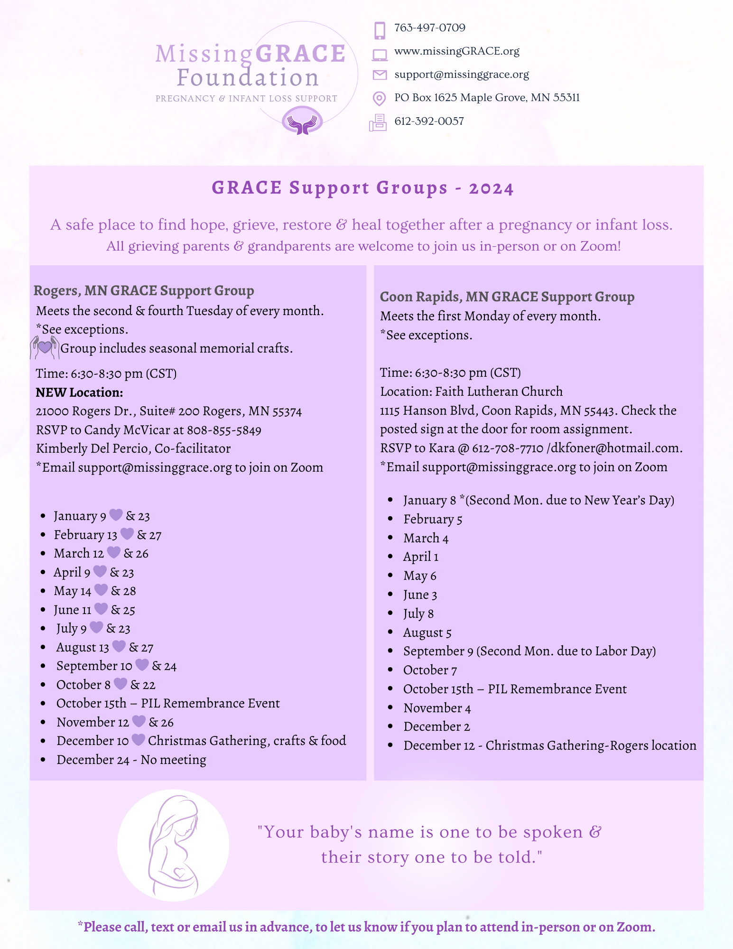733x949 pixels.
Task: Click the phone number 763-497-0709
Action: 429,28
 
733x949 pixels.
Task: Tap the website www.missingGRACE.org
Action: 456,51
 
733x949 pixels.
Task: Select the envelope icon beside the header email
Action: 379,75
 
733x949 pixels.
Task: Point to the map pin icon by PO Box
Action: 379,98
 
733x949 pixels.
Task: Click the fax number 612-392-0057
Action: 429,121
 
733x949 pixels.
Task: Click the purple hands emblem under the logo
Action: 302,122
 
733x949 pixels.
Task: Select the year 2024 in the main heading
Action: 491,189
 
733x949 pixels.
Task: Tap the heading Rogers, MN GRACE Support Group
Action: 144,290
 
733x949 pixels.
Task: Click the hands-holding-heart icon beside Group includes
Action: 45,347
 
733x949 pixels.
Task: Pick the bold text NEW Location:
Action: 79,392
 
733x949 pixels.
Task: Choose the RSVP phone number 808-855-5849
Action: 224,430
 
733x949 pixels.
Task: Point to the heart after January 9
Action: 116,515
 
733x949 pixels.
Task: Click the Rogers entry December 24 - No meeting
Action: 131,760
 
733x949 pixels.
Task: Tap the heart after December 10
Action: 138,740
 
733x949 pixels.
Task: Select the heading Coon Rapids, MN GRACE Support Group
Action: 507,297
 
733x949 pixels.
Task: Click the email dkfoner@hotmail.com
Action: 616,448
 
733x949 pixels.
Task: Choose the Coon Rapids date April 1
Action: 420,557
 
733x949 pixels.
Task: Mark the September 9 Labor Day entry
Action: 529,651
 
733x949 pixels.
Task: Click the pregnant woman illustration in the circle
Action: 173,845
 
